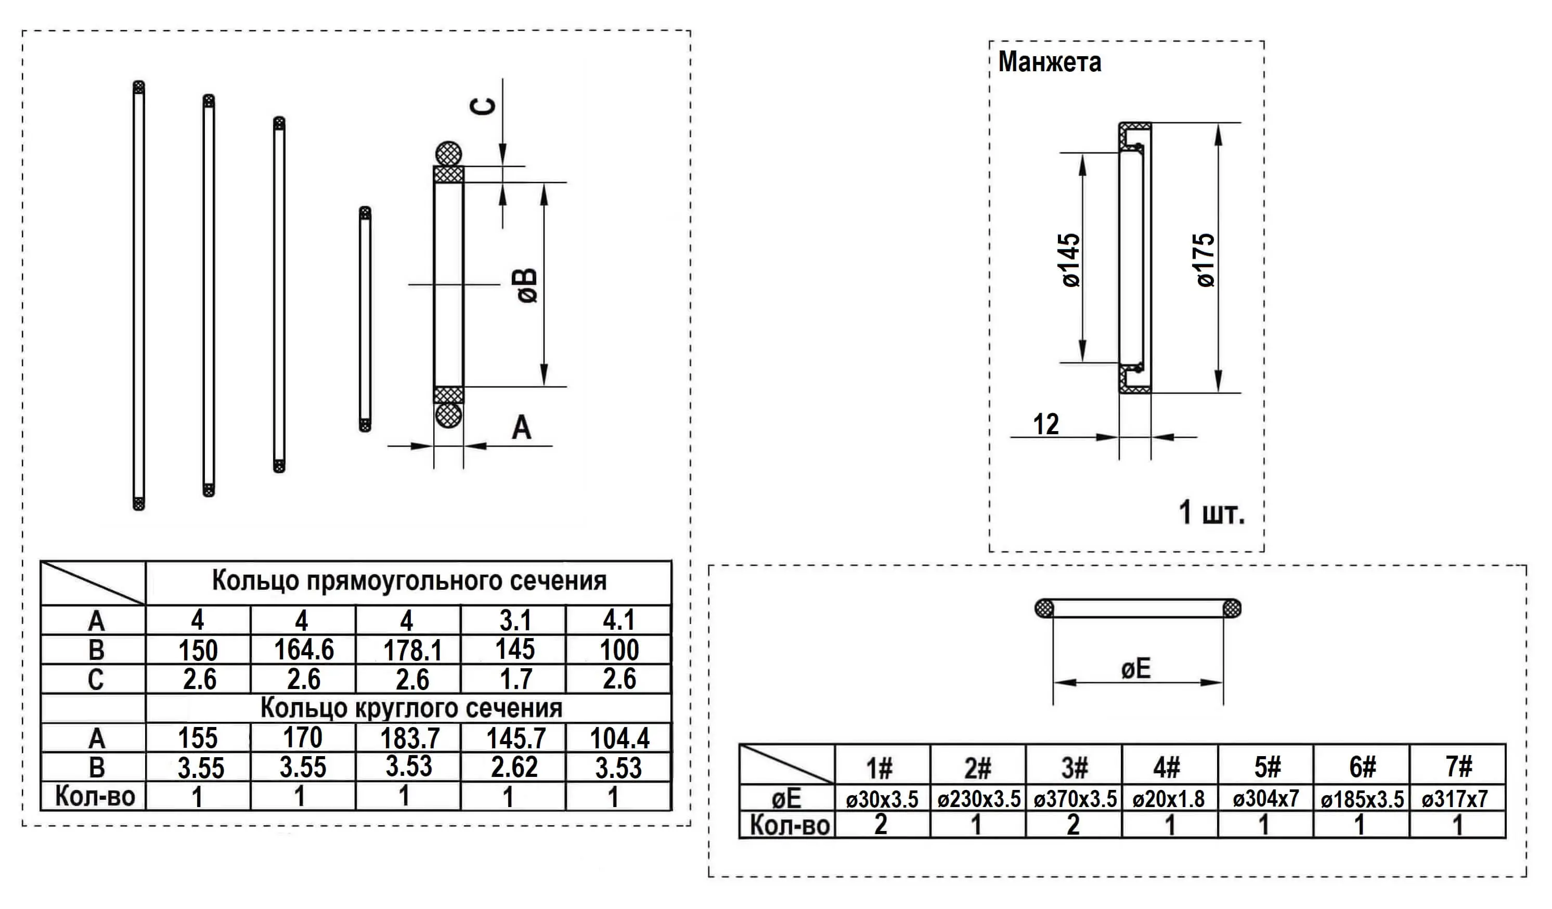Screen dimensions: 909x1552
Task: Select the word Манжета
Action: pos(1050,62)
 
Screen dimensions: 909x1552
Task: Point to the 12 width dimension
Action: pos(1046,424)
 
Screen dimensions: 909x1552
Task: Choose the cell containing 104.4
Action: pos(619,738)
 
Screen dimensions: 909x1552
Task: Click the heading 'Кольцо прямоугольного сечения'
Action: pos(409,581)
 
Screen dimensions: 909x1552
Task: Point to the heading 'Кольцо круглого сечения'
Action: pos(411,708)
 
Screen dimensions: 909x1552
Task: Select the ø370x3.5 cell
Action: pos(1075,799)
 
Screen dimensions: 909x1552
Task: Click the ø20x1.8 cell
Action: pos(1168,799)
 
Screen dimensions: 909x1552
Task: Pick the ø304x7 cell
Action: pos(1265,799)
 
